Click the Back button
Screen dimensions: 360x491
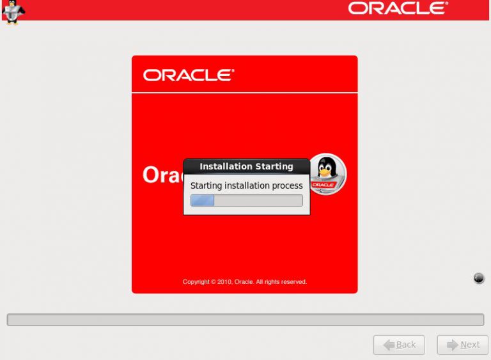[398, 345]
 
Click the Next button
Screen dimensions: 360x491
[462, 345]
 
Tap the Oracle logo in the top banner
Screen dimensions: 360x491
[398, 8]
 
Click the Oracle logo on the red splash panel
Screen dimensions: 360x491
[189, 75]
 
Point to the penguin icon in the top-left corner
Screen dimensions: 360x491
[12, 12]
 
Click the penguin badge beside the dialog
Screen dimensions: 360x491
[327, 173]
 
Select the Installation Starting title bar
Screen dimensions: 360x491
[246, 166]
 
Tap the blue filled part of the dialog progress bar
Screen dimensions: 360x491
[202, 201]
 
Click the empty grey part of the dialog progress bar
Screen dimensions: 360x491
[258, 201]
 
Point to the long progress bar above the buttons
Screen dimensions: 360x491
[245, 320]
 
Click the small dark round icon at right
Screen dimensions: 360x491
[479, 278]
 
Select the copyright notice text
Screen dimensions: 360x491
[245, 281]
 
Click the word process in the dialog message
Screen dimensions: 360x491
[288, 185]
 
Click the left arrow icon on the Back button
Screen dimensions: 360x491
[388, 345]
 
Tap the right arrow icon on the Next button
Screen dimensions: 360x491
[452, 345]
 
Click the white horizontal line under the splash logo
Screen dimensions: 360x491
[245, 93]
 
